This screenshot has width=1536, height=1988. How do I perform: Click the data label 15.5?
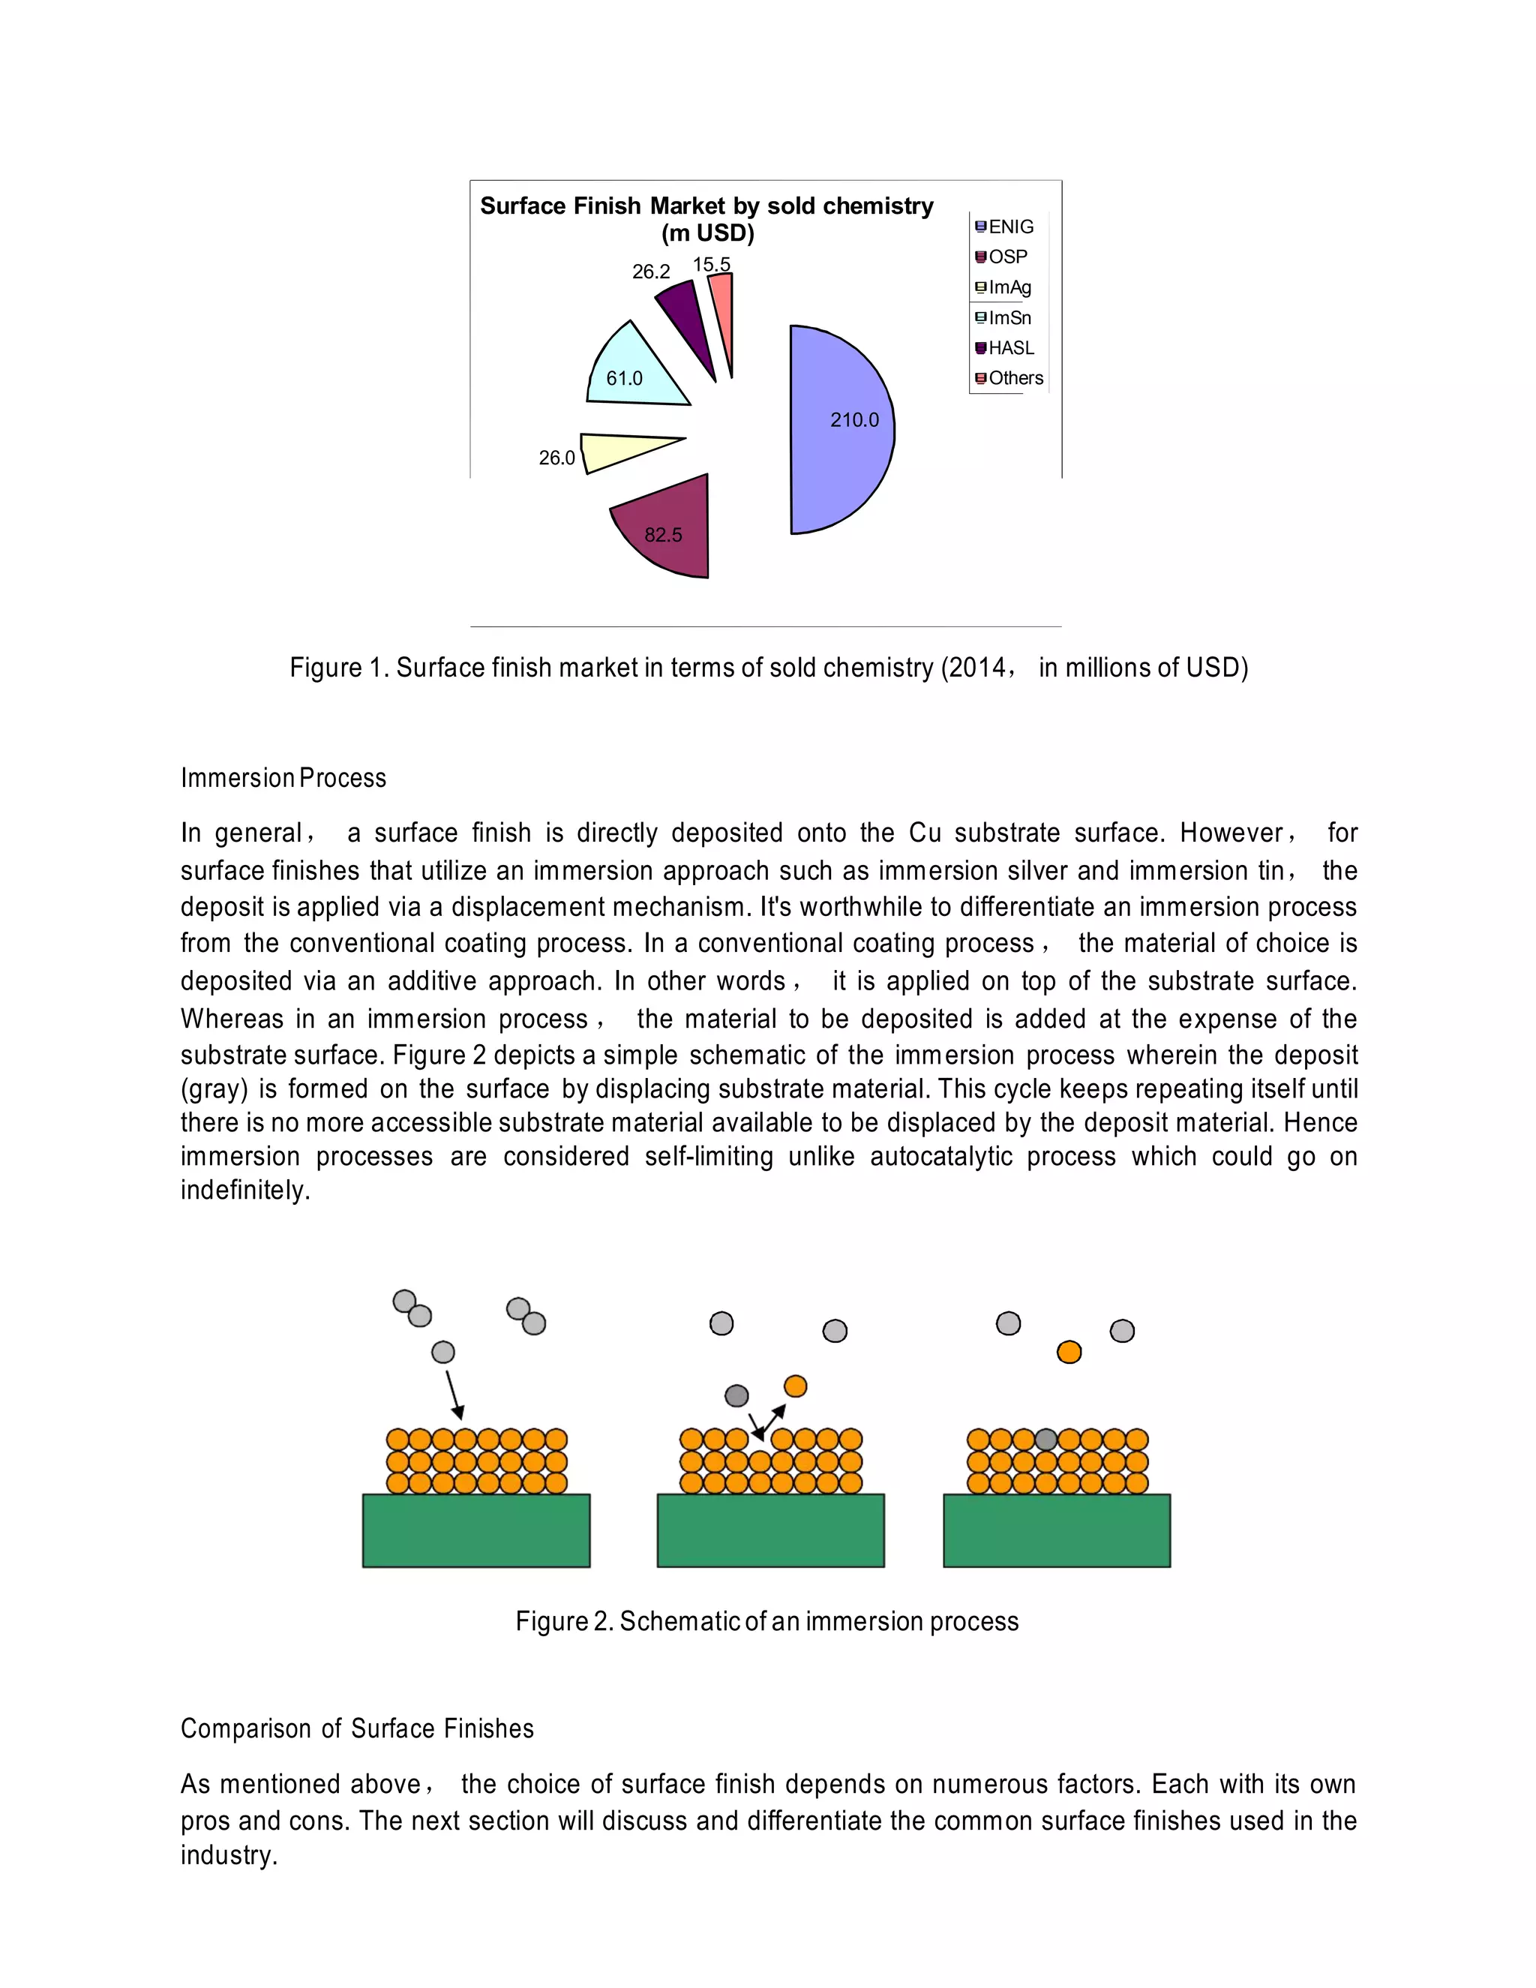711,265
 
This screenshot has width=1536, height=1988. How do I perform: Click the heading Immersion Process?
283,778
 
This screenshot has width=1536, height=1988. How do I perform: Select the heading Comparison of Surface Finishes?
357,1728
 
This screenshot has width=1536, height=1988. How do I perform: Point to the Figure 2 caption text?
766,1621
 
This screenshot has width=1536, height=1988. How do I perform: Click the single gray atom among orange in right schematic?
1045,1439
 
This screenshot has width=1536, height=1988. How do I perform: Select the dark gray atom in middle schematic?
736,1395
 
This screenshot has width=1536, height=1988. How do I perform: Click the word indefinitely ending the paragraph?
244,1191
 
